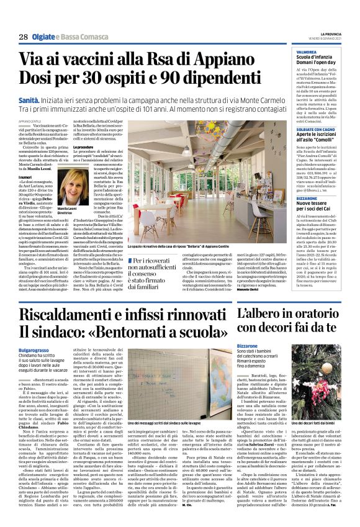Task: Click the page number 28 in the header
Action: point(23,37)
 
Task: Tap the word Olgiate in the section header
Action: point(47,37)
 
